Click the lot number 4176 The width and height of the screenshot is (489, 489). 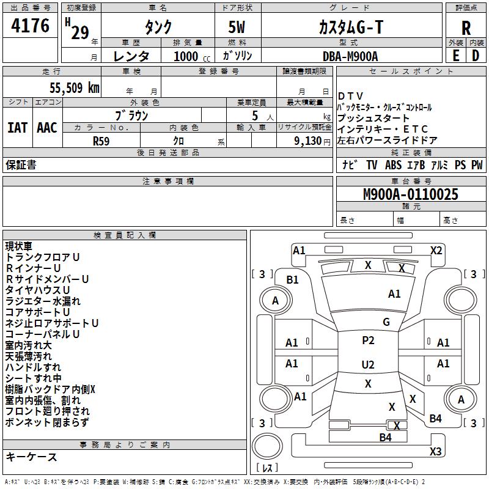click(30, 25)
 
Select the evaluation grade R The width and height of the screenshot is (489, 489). click(466, 28)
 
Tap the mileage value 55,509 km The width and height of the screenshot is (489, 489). click(75, 88)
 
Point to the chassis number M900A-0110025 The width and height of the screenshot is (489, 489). click(411, 194)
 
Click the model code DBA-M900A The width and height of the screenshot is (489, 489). click(350, 56)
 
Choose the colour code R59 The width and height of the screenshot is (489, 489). click(101, 141)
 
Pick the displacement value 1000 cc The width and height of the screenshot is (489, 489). click(192, 56)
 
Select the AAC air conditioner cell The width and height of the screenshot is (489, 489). click(47, 128)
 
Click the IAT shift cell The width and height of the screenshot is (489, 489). click(17, 128)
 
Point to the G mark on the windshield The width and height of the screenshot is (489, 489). click(386, 322)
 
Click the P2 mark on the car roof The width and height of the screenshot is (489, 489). click(368, 340)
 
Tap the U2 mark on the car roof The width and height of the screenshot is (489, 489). click(368, 364)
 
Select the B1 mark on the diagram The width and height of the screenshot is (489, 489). click(292, 280)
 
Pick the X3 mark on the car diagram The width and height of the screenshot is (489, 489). click(436, 451)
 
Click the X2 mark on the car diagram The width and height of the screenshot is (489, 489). click(436, 251)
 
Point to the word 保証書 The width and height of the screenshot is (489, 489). click(21, 165)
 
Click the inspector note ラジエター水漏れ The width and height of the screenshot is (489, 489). click(43, 301)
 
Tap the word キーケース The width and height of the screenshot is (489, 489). click(31, 457)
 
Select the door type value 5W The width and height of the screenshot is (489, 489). click(237, 27)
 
